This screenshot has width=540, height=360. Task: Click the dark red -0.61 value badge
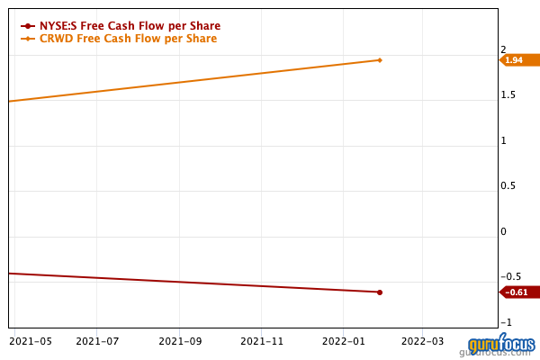(517, 292)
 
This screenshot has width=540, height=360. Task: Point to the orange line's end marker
(380, 60)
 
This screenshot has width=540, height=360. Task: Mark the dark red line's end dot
(380, 292)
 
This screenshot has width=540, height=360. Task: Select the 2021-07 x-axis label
(98, 341)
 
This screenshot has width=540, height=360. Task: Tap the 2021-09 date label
(179, 341)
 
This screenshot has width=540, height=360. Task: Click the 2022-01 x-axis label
(343, 341)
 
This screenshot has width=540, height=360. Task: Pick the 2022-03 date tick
(423, 341)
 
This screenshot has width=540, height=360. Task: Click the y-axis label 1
(504, 140)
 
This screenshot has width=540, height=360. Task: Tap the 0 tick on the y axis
(504, 231)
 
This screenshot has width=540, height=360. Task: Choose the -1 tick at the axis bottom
(506, 322)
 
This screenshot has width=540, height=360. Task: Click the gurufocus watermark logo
(501, 346)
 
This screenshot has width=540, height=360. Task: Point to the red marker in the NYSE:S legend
(29, 26)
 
